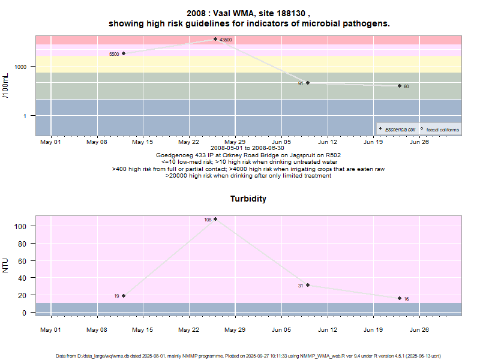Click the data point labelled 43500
coord(215,39)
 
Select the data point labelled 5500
coord(124,53)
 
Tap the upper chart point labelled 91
coord(308,83)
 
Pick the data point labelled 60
coord(400,86)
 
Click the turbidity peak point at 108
coord(215,219)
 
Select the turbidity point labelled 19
coord(124,295)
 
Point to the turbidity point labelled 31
coord(308,285)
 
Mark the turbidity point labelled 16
coord(400,298)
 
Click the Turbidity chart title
coord(248,199)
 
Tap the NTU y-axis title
coord(5,265)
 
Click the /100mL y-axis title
coord(5,85)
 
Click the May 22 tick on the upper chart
coord(188,142)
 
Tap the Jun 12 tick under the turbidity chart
coord(327,329)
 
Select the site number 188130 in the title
coord(290,13)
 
